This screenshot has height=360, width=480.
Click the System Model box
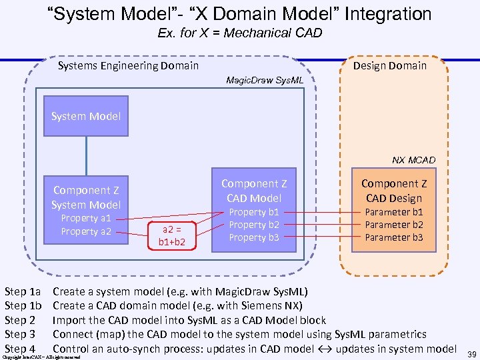pyautogui.click(x=86, y=116)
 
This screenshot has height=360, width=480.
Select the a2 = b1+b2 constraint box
pyautogui.click(x=171, y=235)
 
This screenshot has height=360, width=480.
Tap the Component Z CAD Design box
pyautogui.click(x=394, y=209)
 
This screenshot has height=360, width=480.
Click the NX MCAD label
pyautogui.click(x=413, y=160)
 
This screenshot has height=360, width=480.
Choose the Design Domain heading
pyautogui.click(x=389, y=65)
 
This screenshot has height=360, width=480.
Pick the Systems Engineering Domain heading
pyautogui.click(x=128, y=65)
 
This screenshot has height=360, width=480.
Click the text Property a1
pyautogui.click(x=86, y=218)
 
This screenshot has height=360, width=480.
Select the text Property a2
pyautogui.click(x=86, y=231)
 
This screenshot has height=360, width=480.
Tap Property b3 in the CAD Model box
pyautogui.click(x=254, y=238)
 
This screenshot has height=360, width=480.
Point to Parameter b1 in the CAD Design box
pyautogui.click(x=394, y=212)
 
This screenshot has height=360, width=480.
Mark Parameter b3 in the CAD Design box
pyautogui.click(x=394, y=237)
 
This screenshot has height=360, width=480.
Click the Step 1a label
pyautogui.click(x=23, y=291)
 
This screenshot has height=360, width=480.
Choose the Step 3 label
pyautogui.click(x=19, y=334)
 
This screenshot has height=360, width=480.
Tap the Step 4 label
pyautogui.click(x=19, y=348)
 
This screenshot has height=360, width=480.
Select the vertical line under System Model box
pyautogui.click(x=86, y=153)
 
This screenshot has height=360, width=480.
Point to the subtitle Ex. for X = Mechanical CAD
pyautogui.click(x=240, y=33)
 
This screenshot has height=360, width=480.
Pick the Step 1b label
pyautogui.click(x=23, y=305)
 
